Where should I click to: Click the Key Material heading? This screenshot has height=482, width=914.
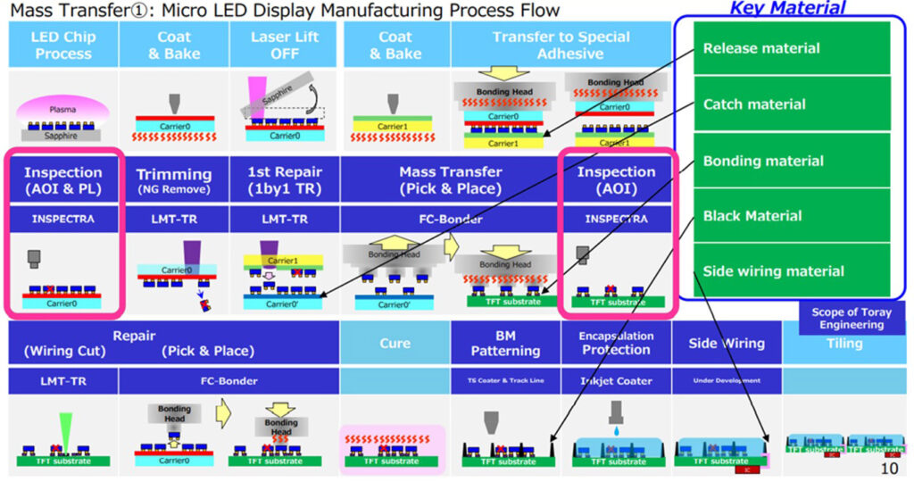[787, 9]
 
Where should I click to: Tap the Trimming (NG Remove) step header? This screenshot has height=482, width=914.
[173, 179]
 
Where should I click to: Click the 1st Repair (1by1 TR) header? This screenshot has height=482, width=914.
[284, 179]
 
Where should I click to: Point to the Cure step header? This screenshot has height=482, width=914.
[395, 344]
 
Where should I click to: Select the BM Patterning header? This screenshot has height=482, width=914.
[505, 344]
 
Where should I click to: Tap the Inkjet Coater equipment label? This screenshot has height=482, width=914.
[616, 381]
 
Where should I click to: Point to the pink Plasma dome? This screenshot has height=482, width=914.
[62, 110]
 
